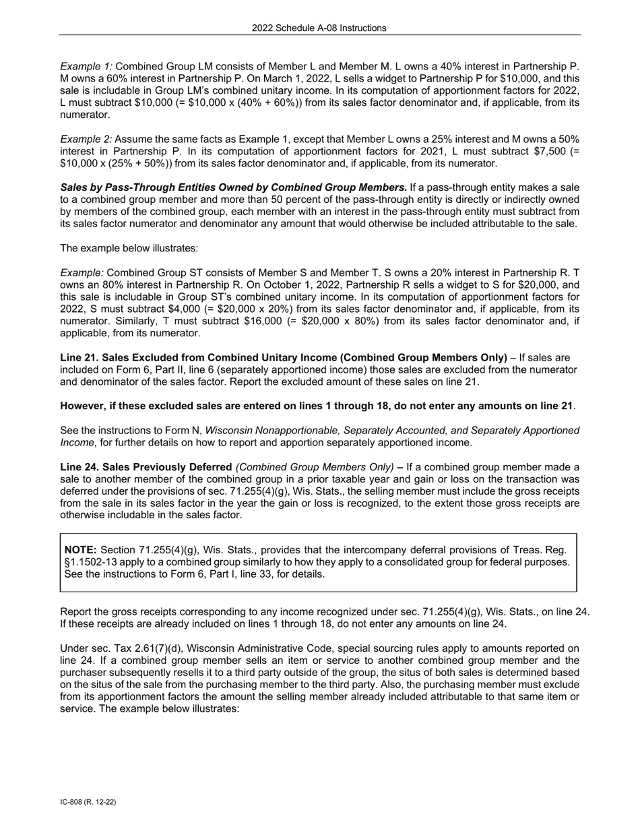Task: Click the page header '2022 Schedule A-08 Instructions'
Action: click(x=319, y=28)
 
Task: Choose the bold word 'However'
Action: click(x=83, y=406)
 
